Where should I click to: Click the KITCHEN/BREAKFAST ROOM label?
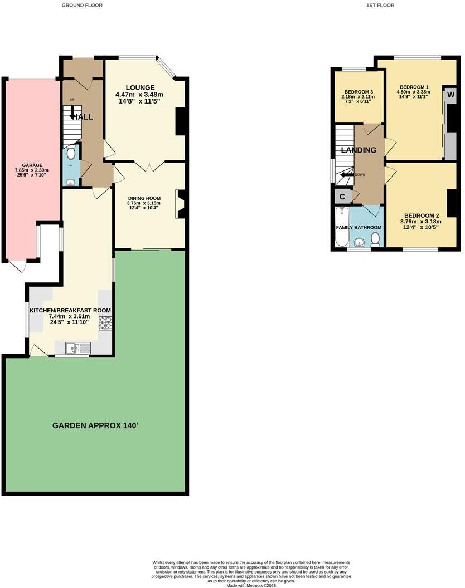pos(70,311)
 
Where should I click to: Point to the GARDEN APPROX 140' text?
pos(95,425)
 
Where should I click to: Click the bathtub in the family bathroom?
pos(341,227)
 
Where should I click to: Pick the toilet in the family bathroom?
pos(376,239)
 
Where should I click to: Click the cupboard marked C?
pos(342,197)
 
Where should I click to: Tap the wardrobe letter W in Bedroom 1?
pos(451,94)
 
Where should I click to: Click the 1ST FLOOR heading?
pos(380,5)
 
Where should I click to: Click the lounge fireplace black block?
pos(180,121)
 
